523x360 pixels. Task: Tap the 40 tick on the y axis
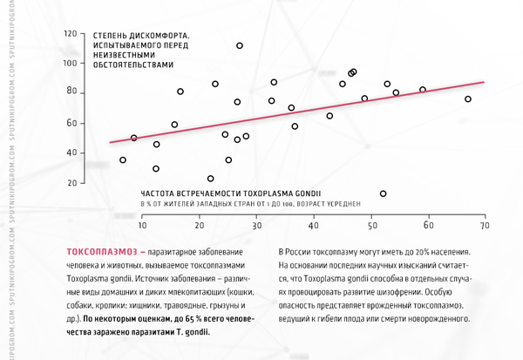[71, 153]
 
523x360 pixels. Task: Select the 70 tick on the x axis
[483, 225]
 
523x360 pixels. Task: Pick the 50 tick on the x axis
[370, 225]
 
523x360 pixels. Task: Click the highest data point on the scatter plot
[240, 45]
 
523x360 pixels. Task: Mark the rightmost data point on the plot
[468, 99]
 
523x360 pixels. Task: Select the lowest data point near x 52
[383, 194]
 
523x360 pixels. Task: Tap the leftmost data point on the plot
[123, 160]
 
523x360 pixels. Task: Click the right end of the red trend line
[483, 82]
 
